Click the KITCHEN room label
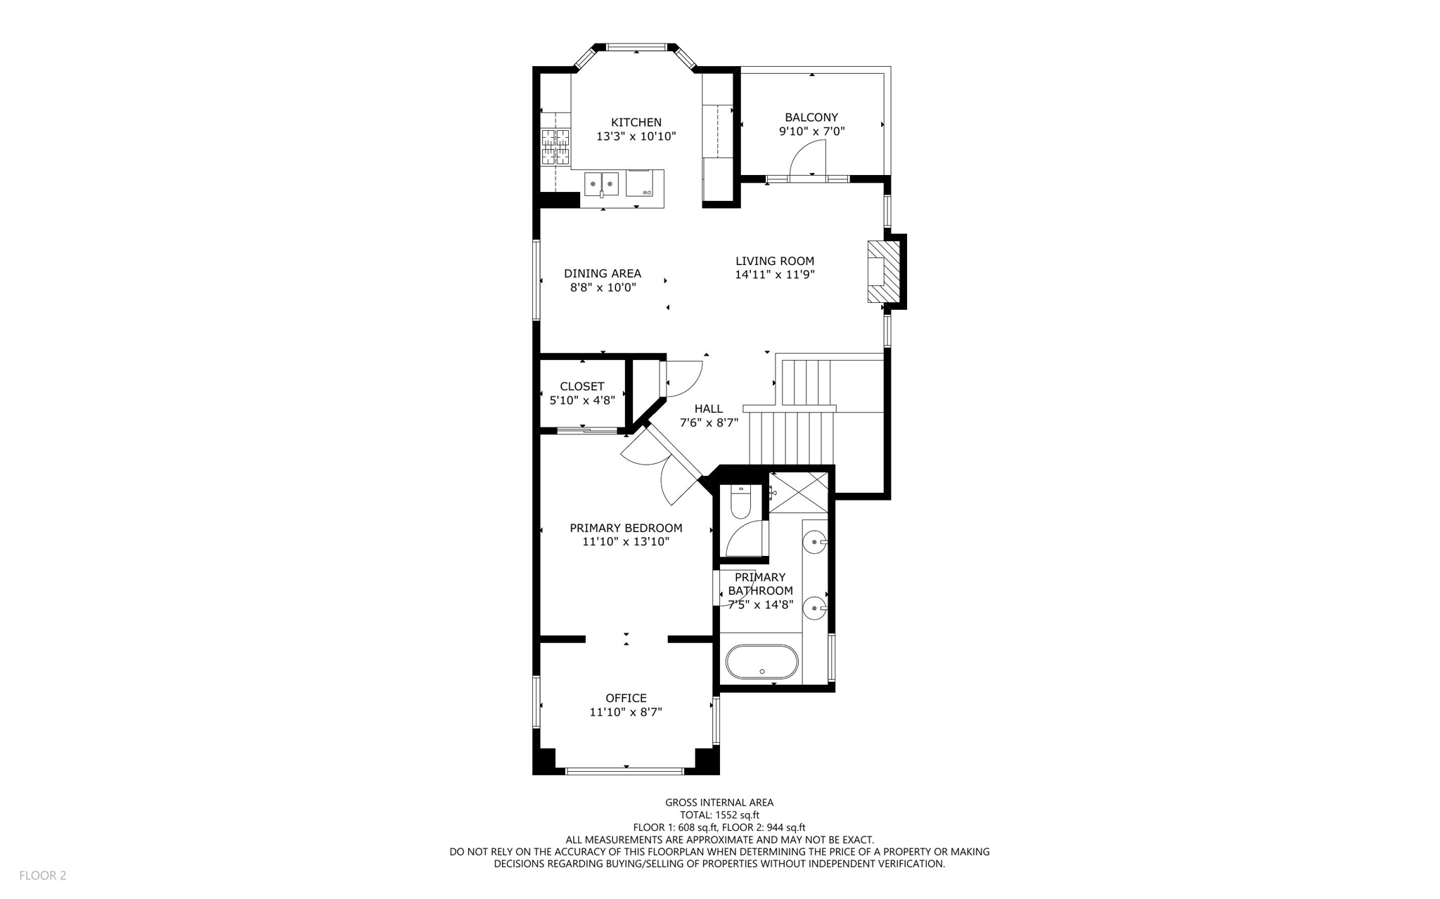(x=636, y=122)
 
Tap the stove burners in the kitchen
(x=555, y=146)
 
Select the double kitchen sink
(x=601, y=184)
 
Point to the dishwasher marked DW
(x=639, y=183)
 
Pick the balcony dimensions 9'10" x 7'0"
(x=811, y=131)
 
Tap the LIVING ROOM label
(x=774, y=261)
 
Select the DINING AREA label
(x=602, y=273)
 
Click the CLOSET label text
(x=581, y=387)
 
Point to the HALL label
(x=708, y=409)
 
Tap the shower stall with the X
(x=799, y=491)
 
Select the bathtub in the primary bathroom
(x=761, y=662)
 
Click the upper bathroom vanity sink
(x=815, y=541)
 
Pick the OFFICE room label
(x=626, y=698)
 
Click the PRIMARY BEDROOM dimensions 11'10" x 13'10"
(x=626, y=542)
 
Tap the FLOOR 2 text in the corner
(x=42, y=875)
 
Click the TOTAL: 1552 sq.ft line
(x=719, y=815)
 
